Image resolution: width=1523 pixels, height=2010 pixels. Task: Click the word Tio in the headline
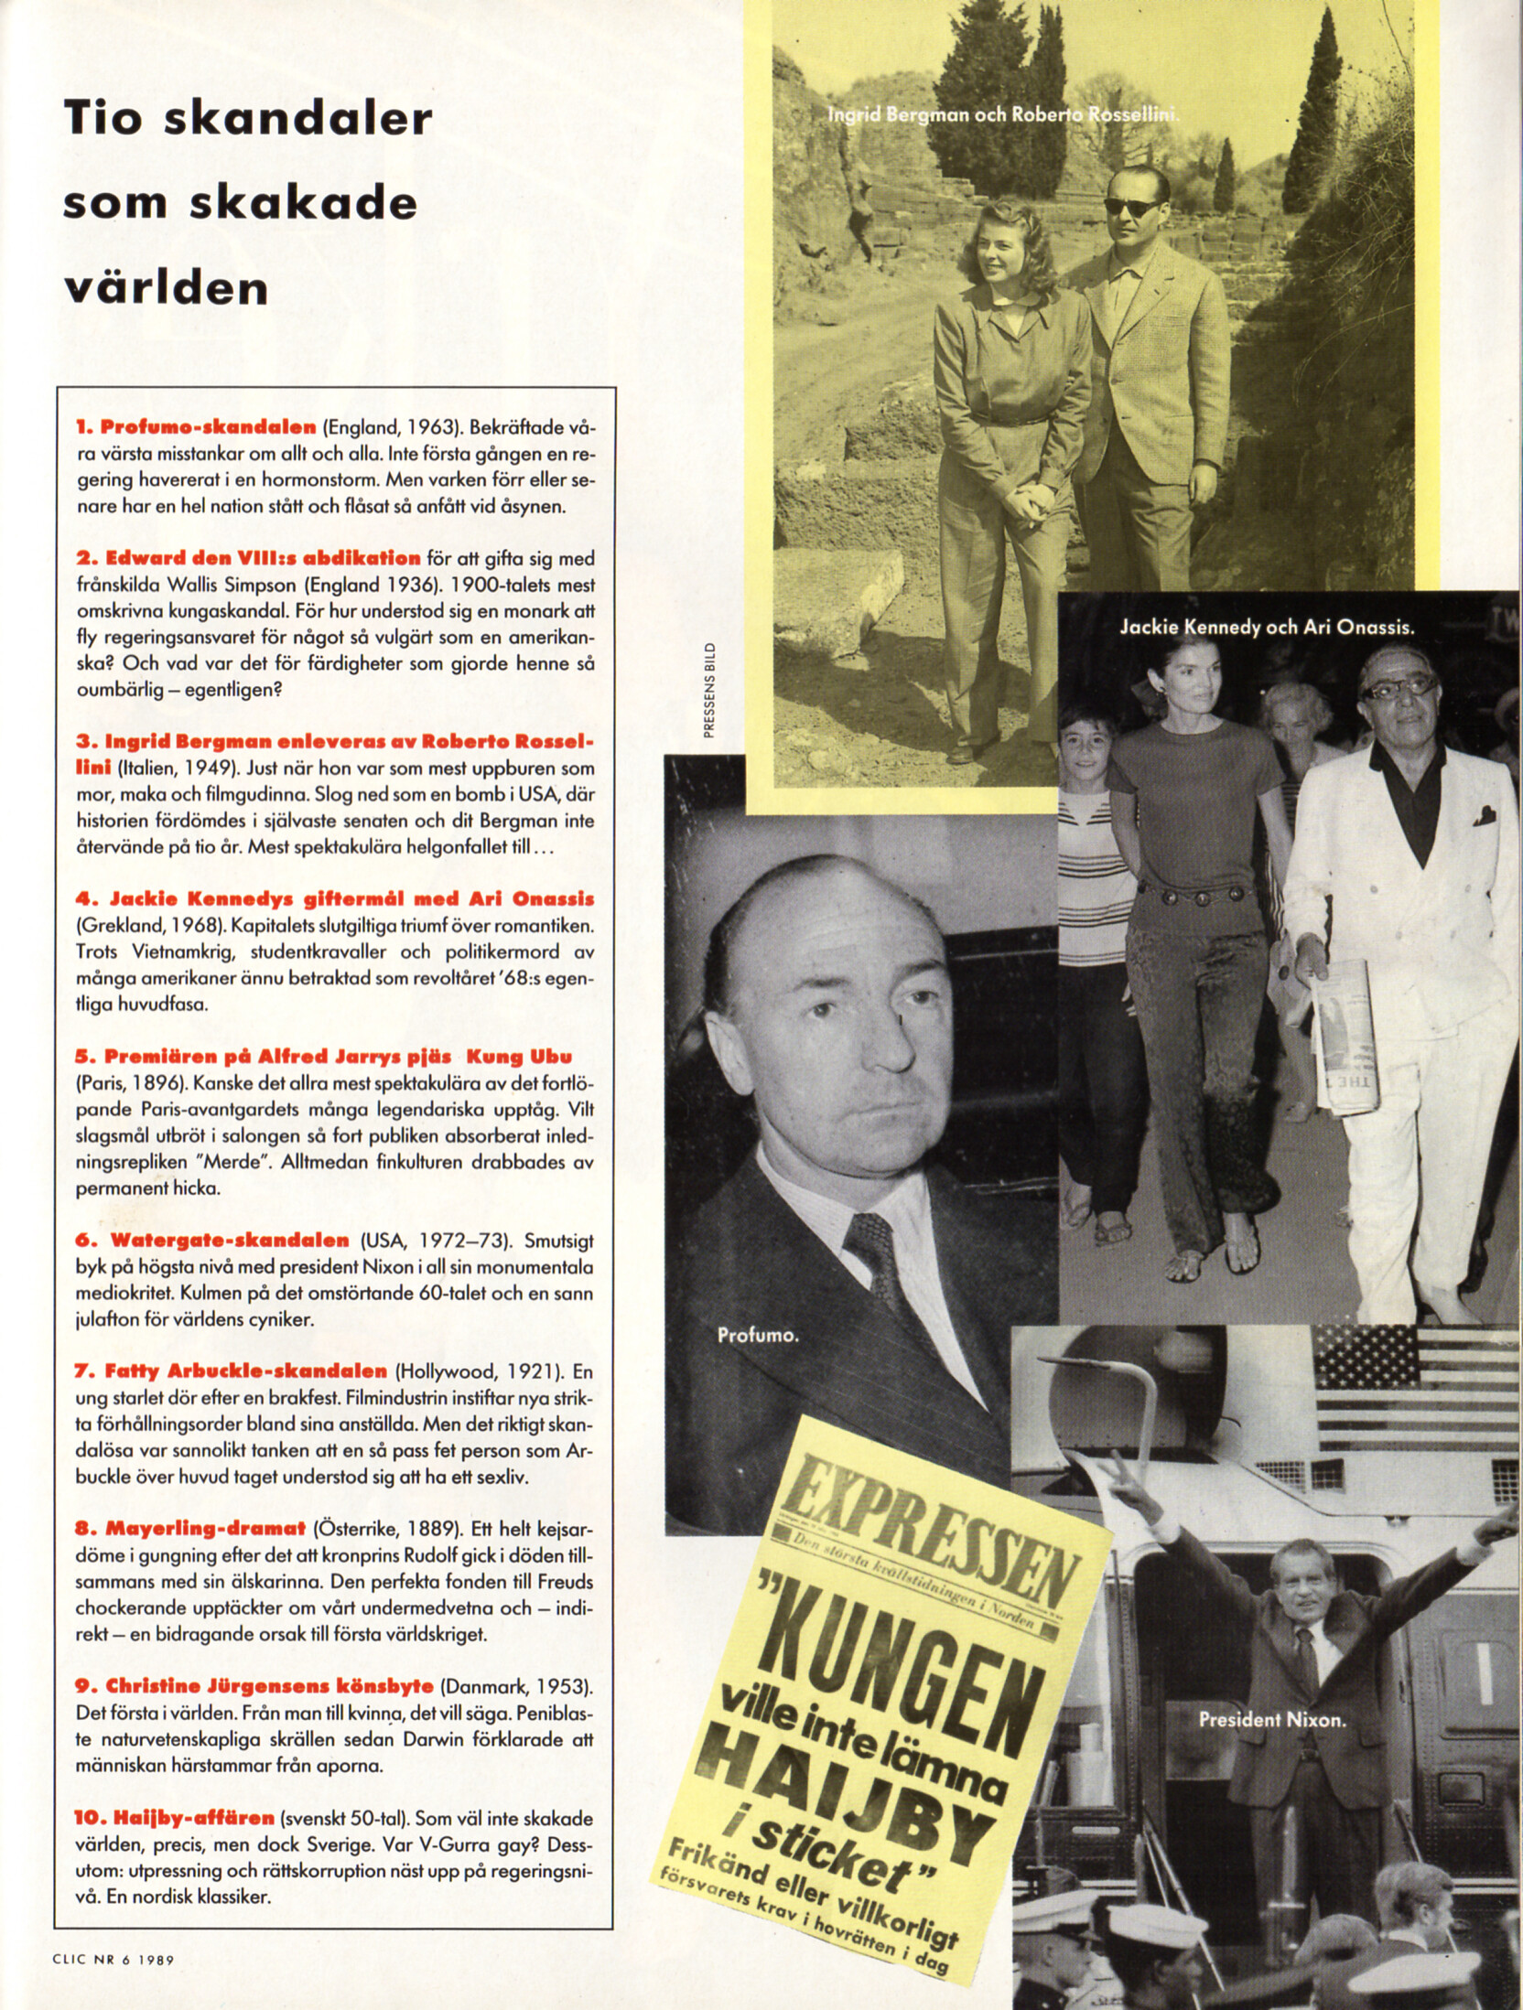114,119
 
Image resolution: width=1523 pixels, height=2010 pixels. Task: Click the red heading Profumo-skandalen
209,427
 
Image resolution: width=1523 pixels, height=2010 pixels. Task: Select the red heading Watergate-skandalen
230,1241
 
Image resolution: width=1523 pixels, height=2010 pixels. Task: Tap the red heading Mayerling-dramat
206,1529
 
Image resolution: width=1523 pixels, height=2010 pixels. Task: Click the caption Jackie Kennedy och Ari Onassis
1267,628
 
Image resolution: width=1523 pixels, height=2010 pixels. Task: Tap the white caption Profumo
758,1336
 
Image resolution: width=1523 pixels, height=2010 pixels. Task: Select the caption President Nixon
1272,1720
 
